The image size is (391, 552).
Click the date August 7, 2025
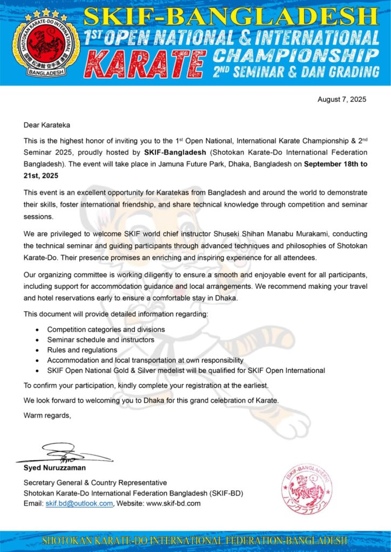(x=342, y=100)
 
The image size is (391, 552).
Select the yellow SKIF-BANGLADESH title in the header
(x=232, y=17)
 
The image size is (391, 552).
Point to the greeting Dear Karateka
(x=46, y=125)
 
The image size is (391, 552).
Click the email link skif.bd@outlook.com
(x=79, y=503)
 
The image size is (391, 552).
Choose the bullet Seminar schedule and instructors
(x=100, y=340)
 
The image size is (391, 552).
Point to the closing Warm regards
(x=47, y=415)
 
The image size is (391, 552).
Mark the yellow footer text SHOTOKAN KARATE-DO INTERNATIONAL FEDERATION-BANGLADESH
(x=195, y=541)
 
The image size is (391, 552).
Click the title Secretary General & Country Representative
(x=95, y=483)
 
